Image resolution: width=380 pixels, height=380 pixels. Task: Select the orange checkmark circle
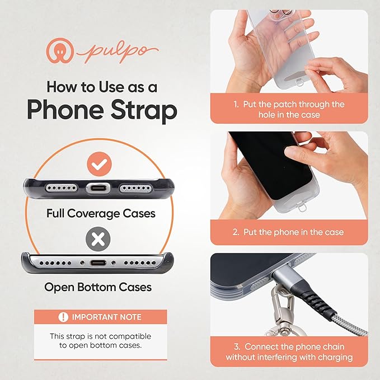pyautogui.click(x=101, y=165)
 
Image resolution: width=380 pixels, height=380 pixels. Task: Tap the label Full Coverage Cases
pyautogui.click(x=101, y=213)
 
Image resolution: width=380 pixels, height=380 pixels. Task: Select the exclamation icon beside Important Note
pyautogui.click(x=63, y=317)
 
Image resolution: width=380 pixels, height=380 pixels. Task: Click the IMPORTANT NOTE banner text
pyautogui.click(x=107, y=317)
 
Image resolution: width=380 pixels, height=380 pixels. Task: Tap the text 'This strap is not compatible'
pyautogui.click(x=101, y=336)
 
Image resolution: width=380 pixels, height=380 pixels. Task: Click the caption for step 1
pyautogui.click(x=289, y=109)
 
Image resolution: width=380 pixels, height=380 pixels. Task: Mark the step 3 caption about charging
pyautogui.click(x=289, y=351)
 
